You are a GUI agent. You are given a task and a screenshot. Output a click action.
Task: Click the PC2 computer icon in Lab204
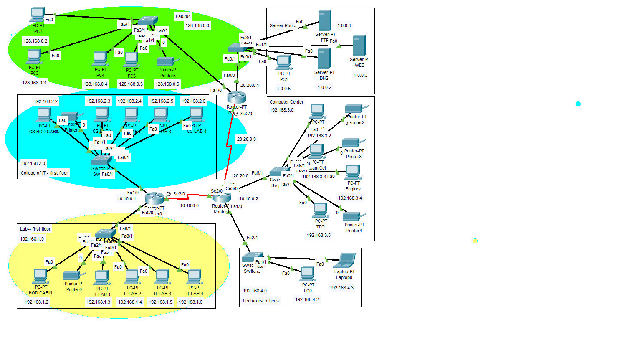coord(37,15)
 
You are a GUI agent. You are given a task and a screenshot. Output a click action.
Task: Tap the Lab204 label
coord(183,17)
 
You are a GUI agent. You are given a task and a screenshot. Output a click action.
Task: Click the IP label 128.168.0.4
coord(95,84)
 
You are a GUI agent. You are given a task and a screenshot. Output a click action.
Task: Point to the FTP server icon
coord(324,20)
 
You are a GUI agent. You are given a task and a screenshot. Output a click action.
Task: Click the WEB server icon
coord(359,46)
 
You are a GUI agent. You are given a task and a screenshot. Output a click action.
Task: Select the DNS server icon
coord(324,58)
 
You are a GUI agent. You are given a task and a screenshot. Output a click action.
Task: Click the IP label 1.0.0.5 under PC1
coord(283,89)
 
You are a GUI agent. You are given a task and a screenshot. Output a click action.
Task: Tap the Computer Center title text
coord(286,102)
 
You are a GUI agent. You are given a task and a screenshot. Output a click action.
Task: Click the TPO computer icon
coord(320,210)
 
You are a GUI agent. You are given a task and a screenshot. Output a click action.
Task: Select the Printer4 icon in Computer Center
coord(353,216)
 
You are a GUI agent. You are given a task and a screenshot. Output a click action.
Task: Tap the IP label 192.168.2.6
coord(193,101)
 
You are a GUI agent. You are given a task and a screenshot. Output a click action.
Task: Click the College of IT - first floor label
coord(44,173)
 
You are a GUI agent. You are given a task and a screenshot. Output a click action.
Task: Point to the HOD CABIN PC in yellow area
coord(40,276)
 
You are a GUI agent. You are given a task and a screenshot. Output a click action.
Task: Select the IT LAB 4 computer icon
coord(194,277)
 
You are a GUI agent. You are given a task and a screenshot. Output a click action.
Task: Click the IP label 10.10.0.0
coord(189,205)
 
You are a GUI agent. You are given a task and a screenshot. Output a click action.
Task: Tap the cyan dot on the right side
coord(578,104)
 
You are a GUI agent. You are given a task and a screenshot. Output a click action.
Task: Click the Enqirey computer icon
coord(353,172)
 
